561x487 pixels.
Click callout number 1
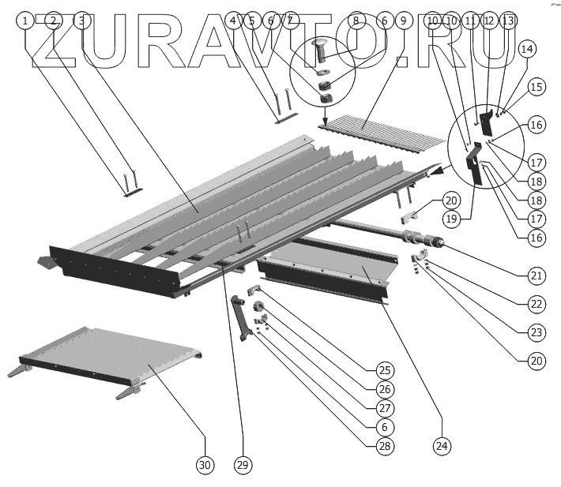(25, 21)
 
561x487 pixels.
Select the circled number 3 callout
(82, 21)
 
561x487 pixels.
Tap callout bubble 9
(404, 21)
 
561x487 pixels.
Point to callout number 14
(527, 49)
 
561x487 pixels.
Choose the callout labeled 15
(537, 87)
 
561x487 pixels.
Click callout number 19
(451, 219)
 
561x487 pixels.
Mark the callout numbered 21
(537, 275)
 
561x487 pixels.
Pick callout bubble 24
(442, 446)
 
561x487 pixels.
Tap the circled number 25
(385, 370)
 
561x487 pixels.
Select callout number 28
(385, 446)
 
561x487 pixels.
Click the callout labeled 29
(243, 465)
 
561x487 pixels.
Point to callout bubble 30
(205, 465)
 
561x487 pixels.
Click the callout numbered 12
(489, 21)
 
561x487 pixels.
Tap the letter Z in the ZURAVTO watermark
(55, 41)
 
